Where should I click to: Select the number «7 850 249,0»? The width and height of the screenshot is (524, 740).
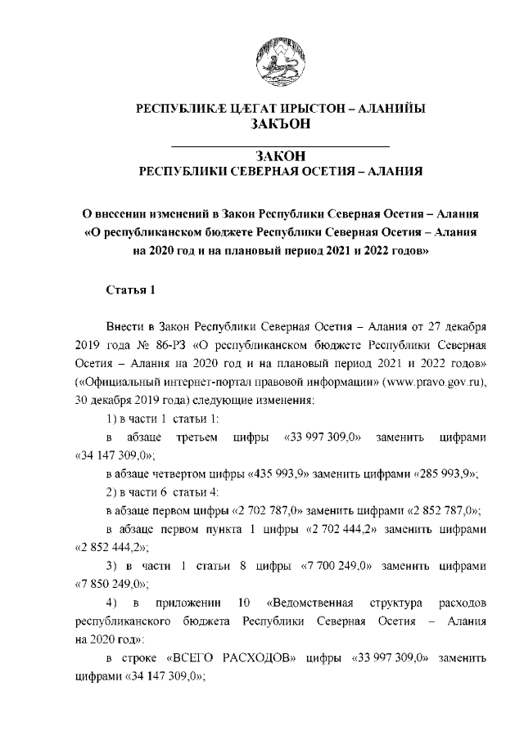pos(110,585)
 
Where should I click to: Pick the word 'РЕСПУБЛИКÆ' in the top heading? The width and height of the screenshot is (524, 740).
pos(177,107)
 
